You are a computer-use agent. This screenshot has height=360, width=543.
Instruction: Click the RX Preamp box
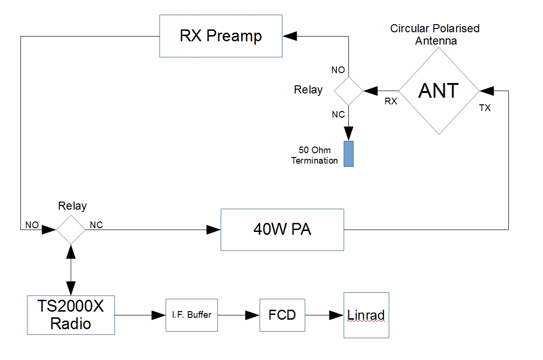221,37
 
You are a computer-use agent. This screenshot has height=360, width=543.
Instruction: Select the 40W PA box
282,230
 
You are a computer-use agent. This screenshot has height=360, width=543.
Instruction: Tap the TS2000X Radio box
70,315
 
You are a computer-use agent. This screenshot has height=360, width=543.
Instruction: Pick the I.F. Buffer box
191,315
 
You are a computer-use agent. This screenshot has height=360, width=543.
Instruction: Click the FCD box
282,315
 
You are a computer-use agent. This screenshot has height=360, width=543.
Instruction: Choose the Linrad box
366,315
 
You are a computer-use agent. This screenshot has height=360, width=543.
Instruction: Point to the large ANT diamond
439,90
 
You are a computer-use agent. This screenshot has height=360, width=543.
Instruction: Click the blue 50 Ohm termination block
349,154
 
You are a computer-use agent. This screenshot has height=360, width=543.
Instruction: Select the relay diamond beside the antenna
349,90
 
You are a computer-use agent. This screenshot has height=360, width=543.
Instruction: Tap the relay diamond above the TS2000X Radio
71,230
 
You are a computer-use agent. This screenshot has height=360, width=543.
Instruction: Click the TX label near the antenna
485,108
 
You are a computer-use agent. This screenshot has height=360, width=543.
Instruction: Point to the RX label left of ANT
391,101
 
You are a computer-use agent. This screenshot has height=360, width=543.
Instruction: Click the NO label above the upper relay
338,70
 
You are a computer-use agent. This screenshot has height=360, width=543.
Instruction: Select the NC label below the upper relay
338,114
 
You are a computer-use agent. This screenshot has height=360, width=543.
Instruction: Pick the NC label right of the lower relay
96,225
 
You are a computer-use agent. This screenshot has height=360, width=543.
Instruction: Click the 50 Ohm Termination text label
315,156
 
